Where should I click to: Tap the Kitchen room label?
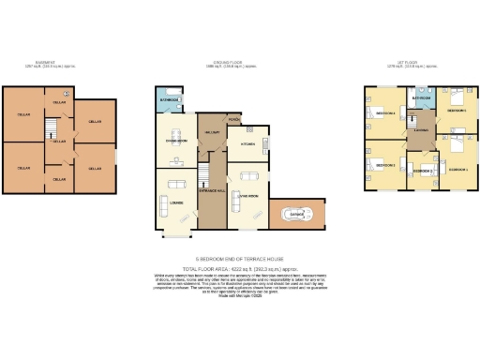coord(248,144)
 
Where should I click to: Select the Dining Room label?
coord(177,142)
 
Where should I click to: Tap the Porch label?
coord(233,119)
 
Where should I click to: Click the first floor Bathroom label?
coord(421,97)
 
